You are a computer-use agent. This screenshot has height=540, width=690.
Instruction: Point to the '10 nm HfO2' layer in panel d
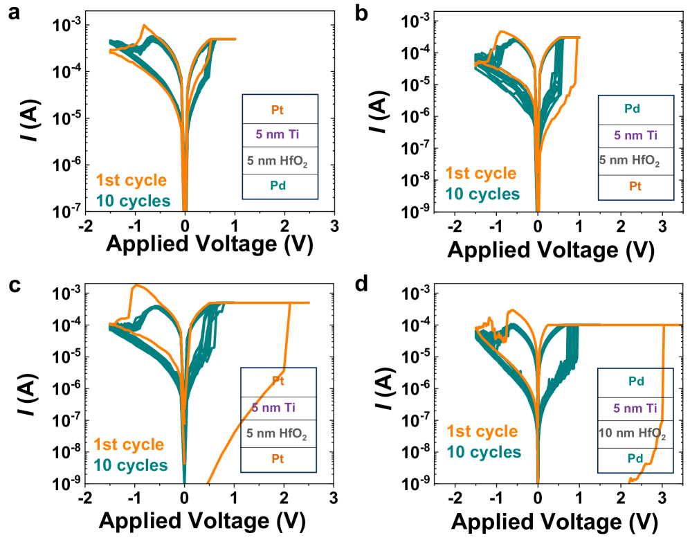pos(631,434)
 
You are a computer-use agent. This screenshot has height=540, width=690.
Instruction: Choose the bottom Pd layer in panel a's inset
pos(280,186)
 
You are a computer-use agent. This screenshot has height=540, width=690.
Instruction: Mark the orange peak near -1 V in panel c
pos(136,285)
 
